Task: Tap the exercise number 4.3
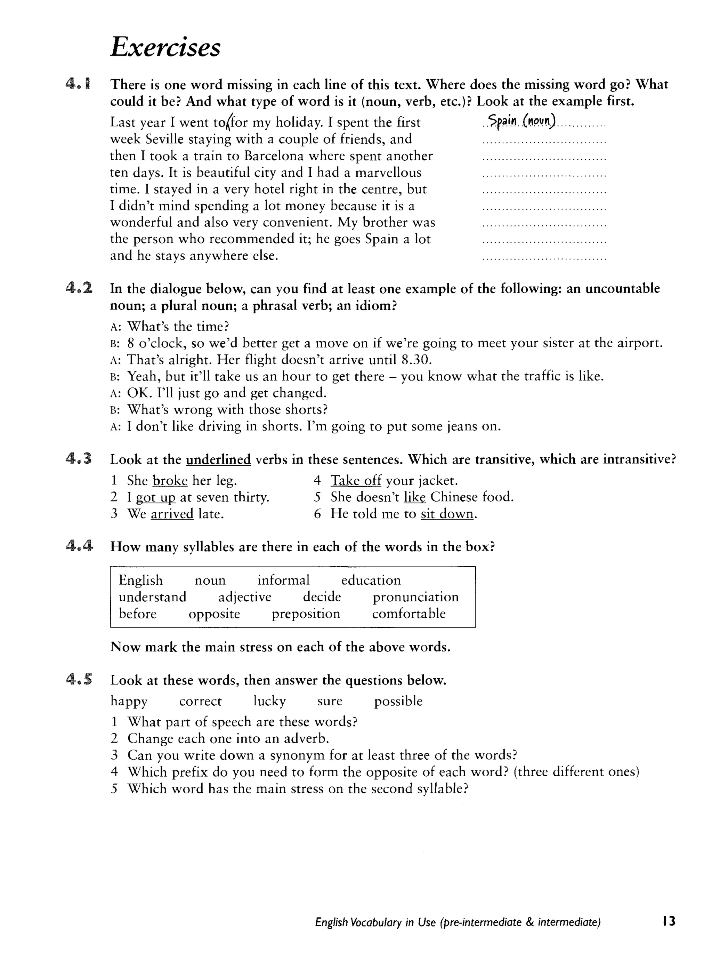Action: coord(79,459)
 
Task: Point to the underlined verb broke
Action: coord(170,480)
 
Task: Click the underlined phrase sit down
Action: coord(447,514)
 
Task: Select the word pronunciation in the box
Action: coord(415,597)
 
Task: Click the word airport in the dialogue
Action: coord(639,343)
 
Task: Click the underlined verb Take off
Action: coord(356,480)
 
